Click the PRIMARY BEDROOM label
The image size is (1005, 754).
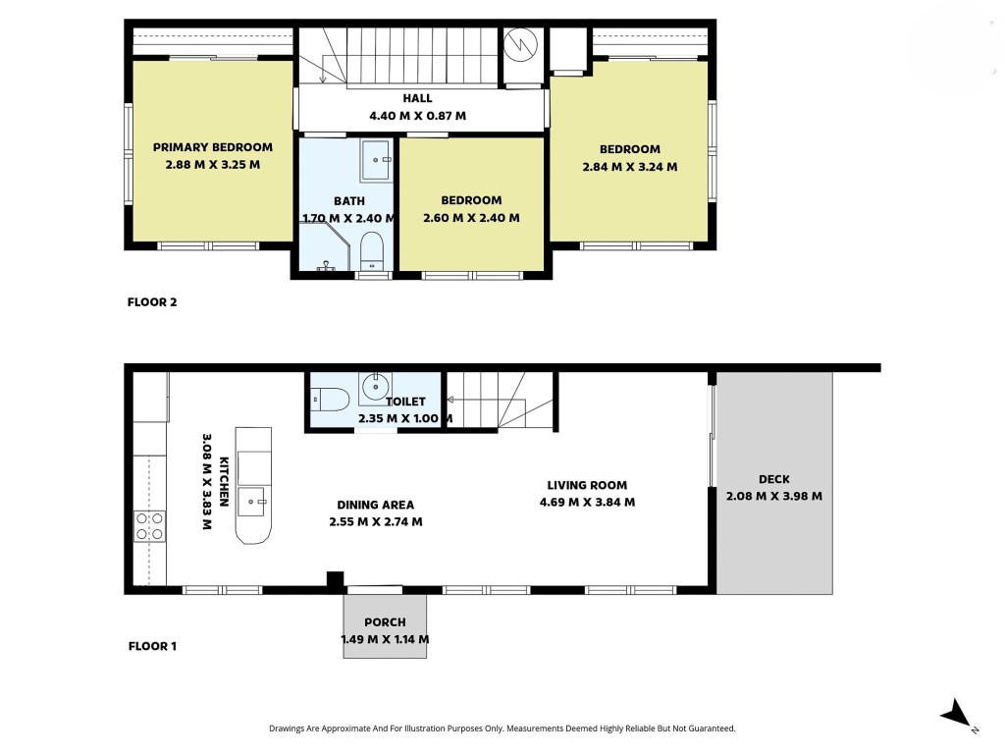pyautogui.click(x=213, y=147)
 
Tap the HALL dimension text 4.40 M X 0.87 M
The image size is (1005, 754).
pyautogui.click(x=417, y=116)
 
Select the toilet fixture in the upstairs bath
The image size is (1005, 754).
pyautogui.click(x=372, y=251)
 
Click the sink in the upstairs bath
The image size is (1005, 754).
pyautogui.click(x=376, y=160)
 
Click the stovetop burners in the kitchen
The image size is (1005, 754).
pyautogui.click(x=149, y=526)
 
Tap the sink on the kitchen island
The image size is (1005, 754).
pyautogui.click(x=252, y=502)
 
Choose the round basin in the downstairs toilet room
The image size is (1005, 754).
pyautogui.click(x=375, y=387)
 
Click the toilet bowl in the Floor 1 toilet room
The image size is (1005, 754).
pyautogui.click(x=330, y=399)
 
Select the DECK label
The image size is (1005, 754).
pyautogui.click(x=773, y=479)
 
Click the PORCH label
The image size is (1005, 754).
pyautogui.click(x=385, y=621)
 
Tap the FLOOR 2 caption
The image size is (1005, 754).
pyautogui.click(x=152, y=302)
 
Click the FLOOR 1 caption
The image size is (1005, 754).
pyautogui.click(x=152, y=646)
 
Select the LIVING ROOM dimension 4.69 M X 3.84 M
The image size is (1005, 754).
pyautogui.click(x=587, y=502)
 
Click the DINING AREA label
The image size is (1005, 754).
pyautogui.click(x=376, y=505)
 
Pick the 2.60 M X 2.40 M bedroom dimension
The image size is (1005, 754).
pyautogui.click(x=471, y=218)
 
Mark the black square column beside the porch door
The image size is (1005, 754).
pyautogui.click(x=336, y=579)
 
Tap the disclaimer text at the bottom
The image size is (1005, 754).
pyautogui.click(x=502, y=728)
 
